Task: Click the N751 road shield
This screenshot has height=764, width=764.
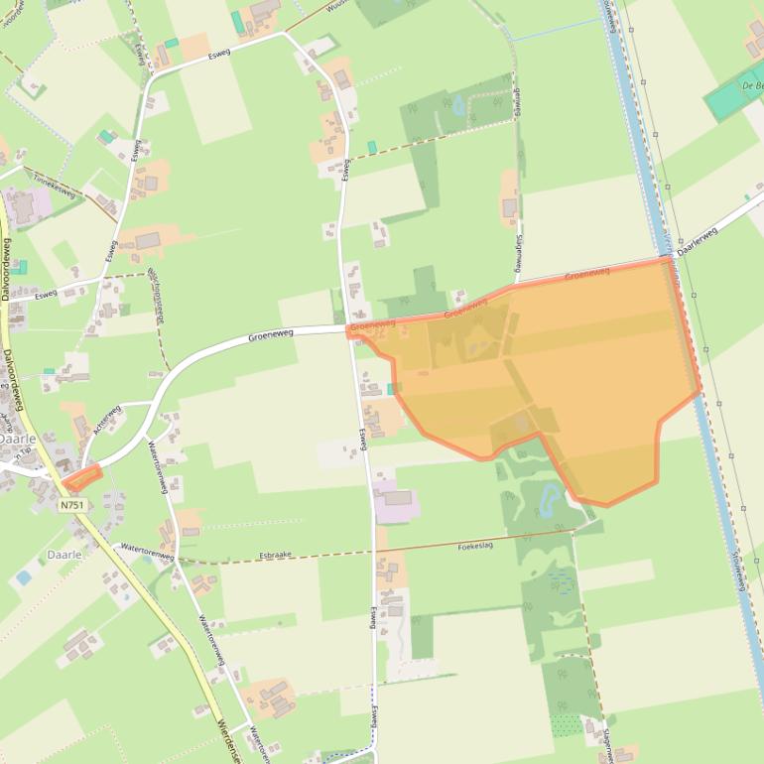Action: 71,505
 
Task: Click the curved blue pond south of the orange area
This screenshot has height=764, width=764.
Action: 549,501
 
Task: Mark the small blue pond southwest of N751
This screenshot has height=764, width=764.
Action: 24,576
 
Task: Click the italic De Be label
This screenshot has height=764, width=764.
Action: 752,85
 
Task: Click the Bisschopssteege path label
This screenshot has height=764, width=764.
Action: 156,297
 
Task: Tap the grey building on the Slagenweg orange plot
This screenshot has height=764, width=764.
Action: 509,207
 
